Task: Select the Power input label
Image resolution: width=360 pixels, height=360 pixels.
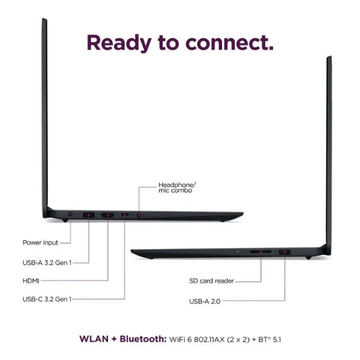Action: [40, 242]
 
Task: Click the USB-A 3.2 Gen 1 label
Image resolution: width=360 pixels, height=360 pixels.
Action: [47, 263]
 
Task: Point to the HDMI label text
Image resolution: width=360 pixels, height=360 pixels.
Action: [31, 281]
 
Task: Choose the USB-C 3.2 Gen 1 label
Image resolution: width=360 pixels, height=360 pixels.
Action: [47, 299]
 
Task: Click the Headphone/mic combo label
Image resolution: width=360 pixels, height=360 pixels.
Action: [177, 188]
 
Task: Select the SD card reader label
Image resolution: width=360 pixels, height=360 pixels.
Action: [211, 281]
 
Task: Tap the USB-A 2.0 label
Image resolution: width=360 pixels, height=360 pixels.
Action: [205, 301]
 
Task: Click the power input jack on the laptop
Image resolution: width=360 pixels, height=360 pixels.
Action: [70, 214]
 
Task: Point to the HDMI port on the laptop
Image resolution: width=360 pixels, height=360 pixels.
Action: [107, 215]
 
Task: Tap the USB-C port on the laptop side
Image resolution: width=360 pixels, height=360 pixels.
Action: [125, 214]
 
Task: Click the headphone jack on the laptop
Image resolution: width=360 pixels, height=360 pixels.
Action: [139, 215]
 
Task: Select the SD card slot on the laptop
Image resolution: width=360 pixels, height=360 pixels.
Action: [260, 251]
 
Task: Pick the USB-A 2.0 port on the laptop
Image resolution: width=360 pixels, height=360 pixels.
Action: [284, 253]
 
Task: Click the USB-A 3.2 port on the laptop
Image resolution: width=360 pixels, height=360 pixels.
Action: [89, 215]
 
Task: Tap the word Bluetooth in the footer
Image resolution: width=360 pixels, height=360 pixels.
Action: [143, 339]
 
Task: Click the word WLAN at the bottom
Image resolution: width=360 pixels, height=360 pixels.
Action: [94, 339]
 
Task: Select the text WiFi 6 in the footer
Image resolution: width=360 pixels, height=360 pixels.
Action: [181, 340]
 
